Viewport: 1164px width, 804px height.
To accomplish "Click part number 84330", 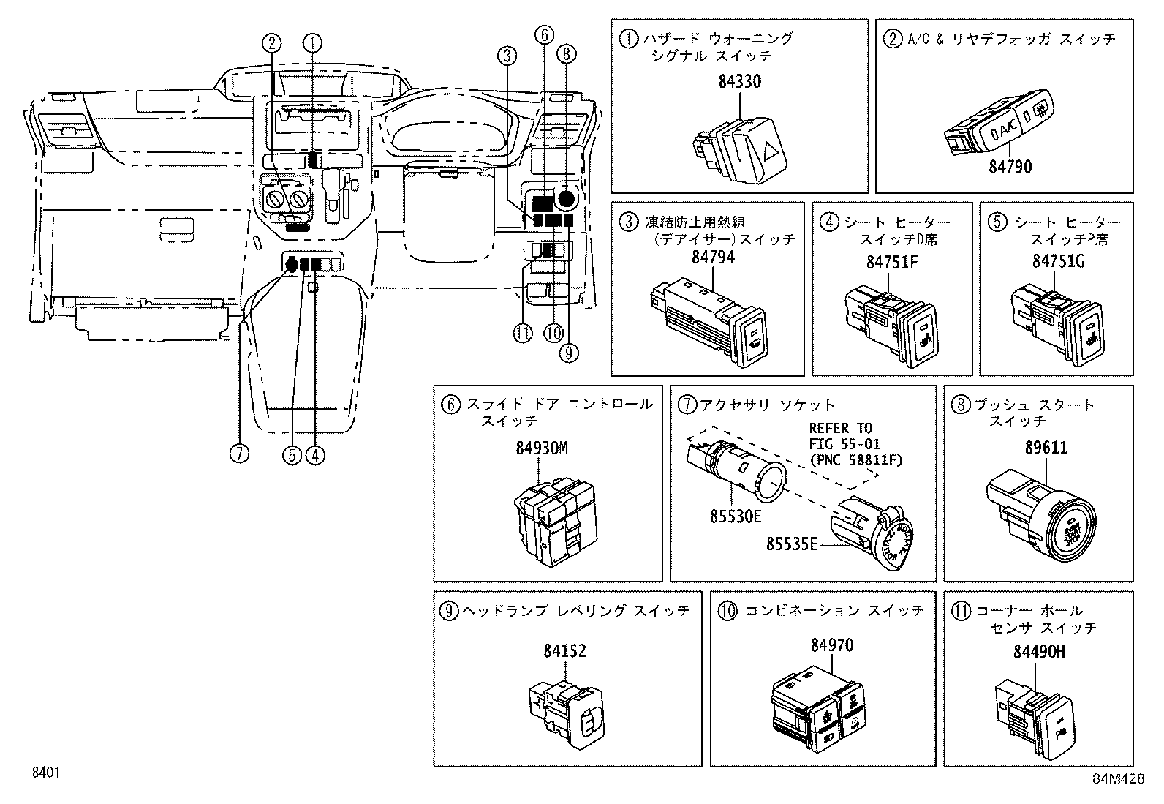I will (x=739, y=81).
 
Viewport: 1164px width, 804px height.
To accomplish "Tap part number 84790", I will (x=1010, y=167).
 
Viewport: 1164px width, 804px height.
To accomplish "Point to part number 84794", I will (x=713, y=258).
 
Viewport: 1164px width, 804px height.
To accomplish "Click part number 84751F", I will (x=891, y=261).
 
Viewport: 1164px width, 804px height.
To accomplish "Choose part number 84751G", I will (x=1057, y=261).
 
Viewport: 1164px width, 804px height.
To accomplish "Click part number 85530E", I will (x=735, y=516).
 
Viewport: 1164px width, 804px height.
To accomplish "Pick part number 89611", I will (x=1045, y=448).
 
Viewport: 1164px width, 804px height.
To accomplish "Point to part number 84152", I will (x=564, y=650).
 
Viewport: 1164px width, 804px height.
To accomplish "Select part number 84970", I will (x=831, y=645).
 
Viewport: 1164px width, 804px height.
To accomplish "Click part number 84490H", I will (x=1039, y=651).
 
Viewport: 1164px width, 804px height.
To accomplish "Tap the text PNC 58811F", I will (x=855, y=460).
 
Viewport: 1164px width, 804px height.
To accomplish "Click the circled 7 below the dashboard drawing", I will (x=239, y=454).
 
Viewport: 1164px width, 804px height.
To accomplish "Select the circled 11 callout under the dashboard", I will (x=522, y=334).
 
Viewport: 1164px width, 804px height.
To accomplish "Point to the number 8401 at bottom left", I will (x=45, y=773).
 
